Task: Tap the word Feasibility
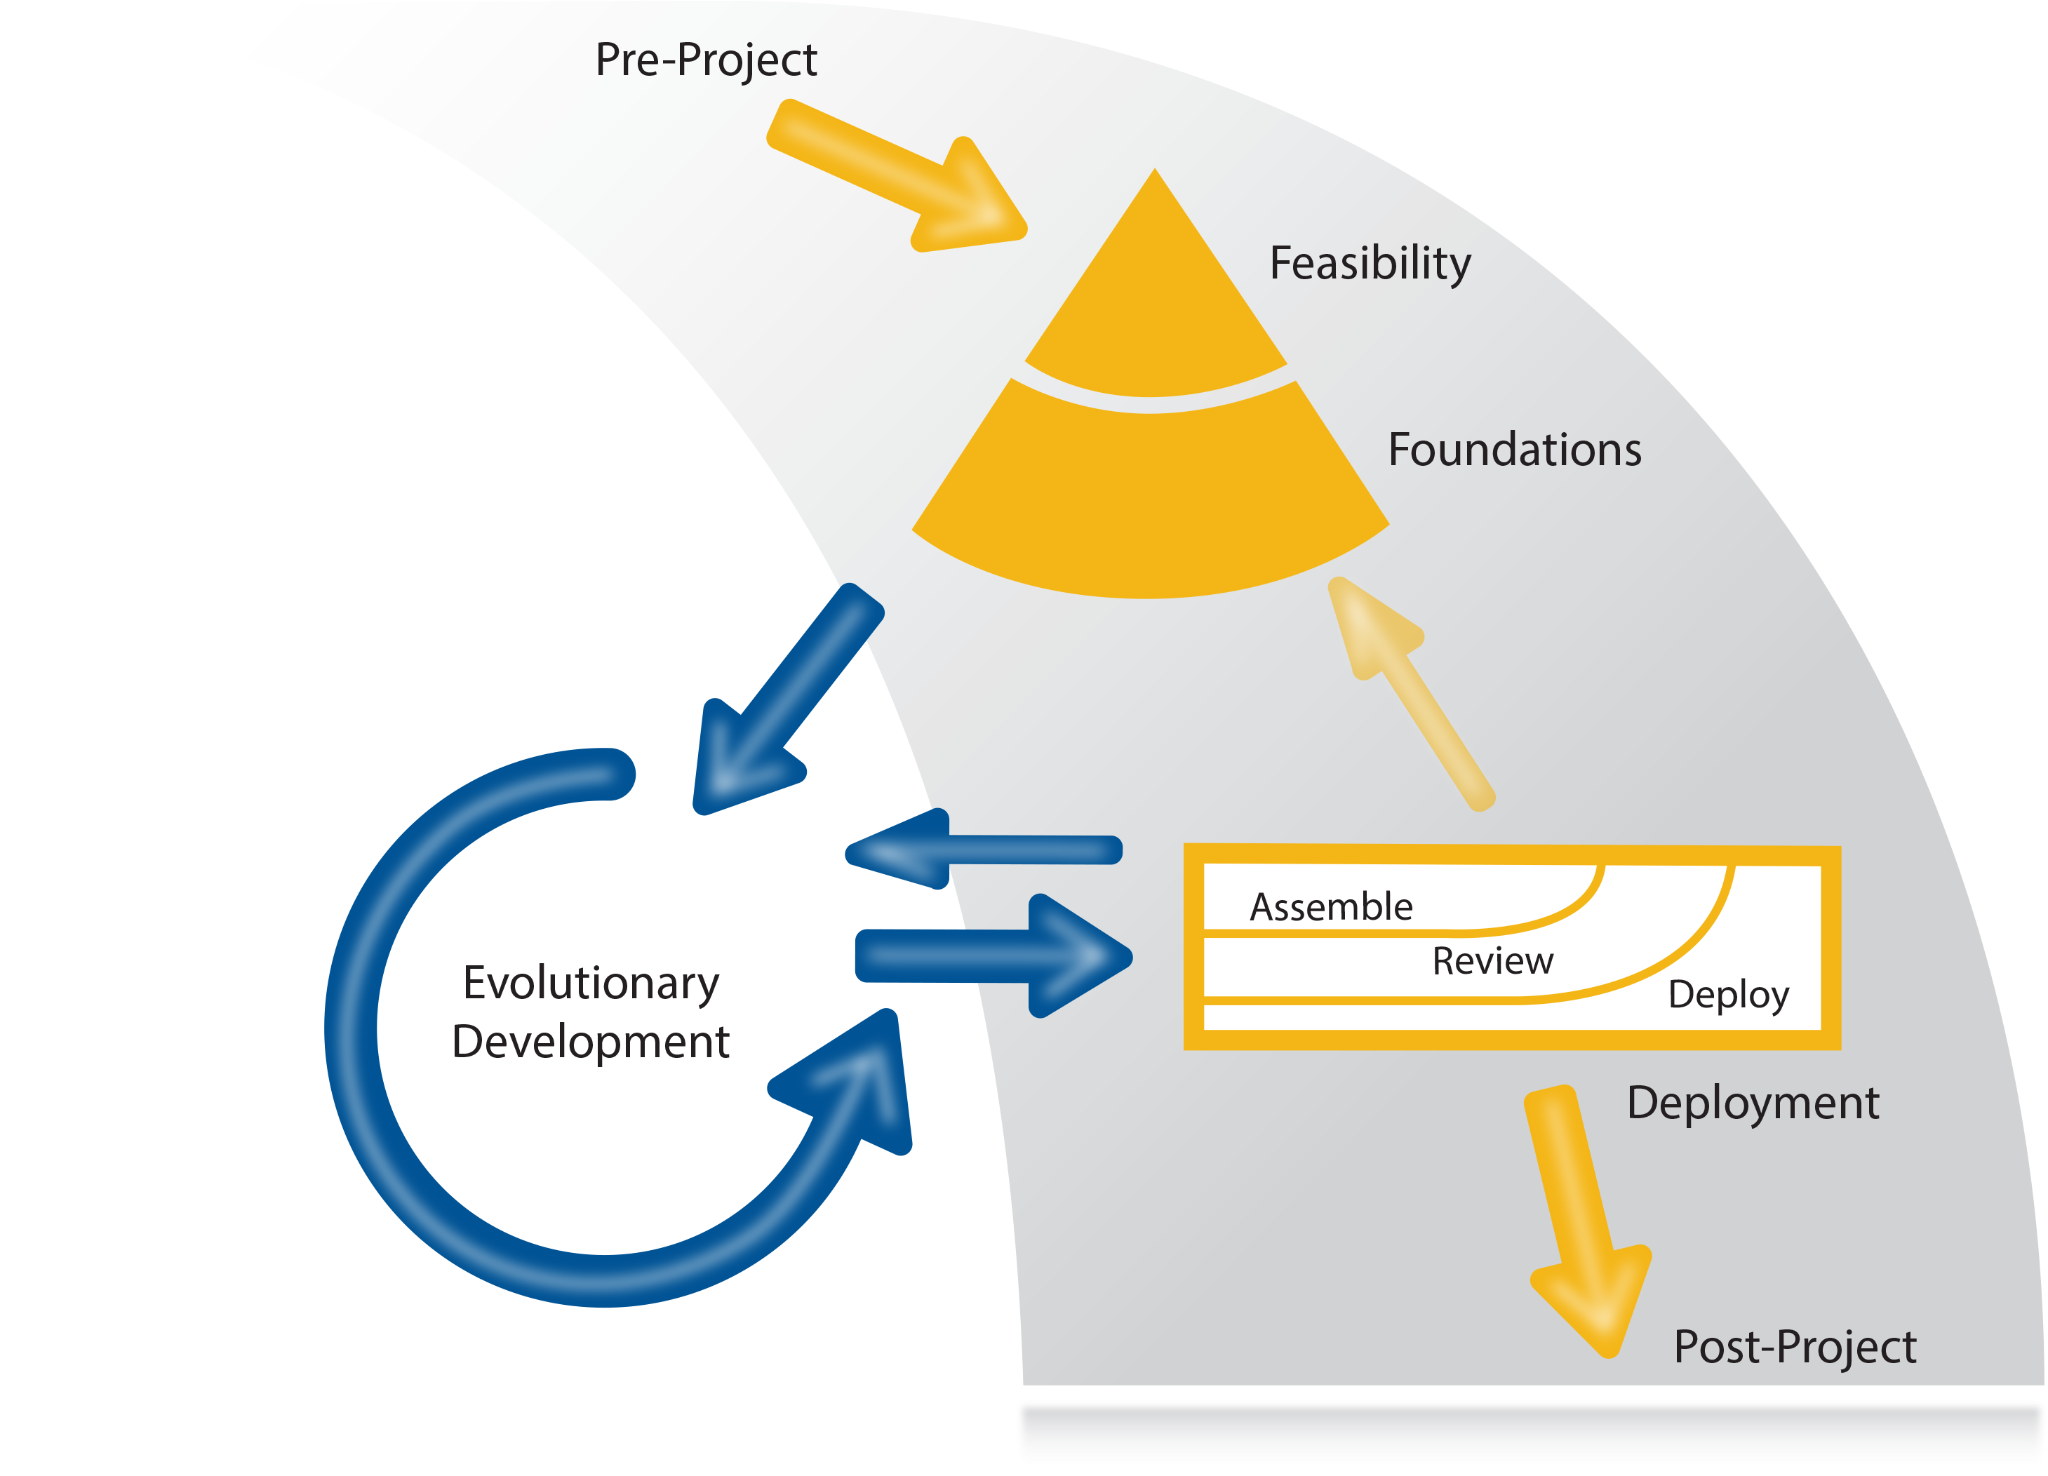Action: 1369,264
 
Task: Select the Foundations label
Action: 1513,450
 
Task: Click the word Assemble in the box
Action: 1330,906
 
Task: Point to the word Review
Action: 1492,960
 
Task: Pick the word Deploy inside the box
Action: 1727,995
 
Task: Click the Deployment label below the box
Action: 1752,1103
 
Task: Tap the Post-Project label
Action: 1794,1347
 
